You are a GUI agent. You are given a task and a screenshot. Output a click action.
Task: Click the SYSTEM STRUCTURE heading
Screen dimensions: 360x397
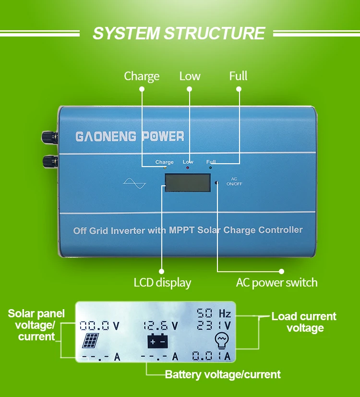179,33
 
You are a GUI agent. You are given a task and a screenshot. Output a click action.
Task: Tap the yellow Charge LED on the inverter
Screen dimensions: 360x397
165,168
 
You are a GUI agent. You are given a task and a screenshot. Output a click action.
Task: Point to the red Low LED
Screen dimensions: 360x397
188,168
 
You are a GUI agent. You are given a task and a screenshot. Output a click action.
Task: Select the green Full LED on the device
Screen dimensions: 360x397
210,168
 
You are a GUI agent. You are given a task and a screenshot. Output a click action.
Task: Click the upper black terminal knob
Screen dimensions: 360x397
49,137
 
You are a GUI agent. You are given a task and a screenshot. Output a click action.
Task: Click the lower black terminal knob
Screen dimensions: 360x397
50,161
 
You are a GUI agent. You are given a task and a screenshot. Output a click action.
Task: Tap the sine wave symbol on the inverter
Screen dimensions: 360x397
134,183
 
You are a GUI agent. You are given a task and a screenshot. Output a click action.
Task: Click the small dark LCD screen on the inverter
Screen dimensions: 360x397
188,182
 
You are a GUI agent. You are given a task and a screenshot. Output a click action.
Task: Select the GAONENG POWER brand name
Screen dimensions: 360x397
130,136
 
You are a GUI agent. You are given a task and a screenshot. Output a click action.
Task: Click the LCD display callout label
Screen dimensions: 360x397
162,283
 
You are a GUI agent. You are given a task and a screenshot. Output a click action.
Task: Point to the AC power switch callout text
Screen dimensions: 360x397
276,283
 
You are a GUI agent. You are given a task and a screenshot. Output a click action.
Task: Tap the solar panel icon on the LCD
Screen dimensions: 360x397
91,340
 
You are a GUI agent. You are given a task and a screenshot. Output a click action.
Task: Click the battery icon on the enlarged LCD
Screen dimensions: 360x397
158,341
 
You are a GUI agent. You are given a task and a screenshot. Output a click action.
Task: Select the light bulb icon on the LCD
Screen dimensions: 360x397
222,341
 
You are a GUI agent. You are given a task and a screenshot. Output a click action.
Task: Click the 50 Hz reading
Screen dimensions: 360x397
214,313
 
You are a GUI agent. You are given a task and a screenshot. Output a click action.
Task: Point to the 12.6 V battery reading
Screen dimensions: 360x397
161,326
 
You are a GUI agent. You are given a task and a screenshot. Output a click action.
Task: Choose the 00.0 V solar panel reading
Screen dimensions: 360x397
99,326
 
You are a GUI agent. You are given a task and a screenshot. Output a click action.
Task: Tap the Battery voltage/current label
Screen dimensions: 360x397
223,374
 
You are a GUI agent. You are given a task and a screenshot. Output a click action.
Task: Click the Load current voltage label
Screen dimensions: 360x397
304,322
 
